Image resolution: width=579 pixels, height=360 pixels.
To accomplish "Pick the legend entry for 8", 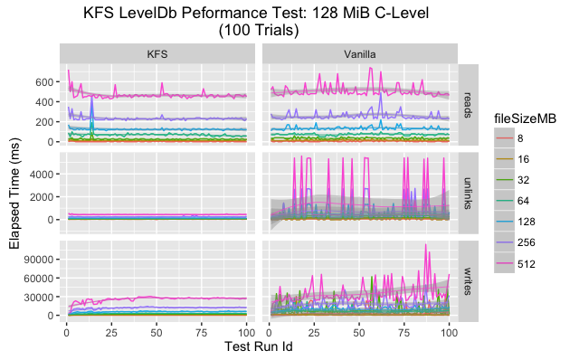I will click(x=522, y=138).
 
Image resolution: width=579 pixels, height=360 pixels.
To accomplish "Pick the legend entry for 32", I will click(x=524, y=178).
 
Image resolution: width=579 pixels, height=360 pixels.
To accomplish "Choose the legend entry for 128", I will click(x=527, y=218).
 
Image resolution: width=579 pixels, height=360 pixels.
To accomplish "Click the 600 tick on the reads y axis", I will click(x=44, y=81).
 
